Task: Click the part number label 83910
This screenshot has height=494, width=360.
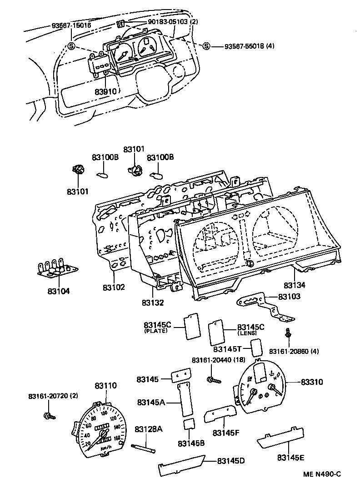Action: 106,91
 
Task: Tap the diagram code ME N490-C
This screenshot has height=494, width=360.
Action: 322,474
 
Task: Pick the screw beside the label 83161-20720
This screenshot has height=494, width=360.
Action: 48,415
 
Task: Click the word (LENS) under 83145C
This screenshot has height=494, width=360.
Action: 247,333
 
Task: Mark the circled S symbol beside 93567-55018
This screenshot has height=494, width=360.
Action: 206,46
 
